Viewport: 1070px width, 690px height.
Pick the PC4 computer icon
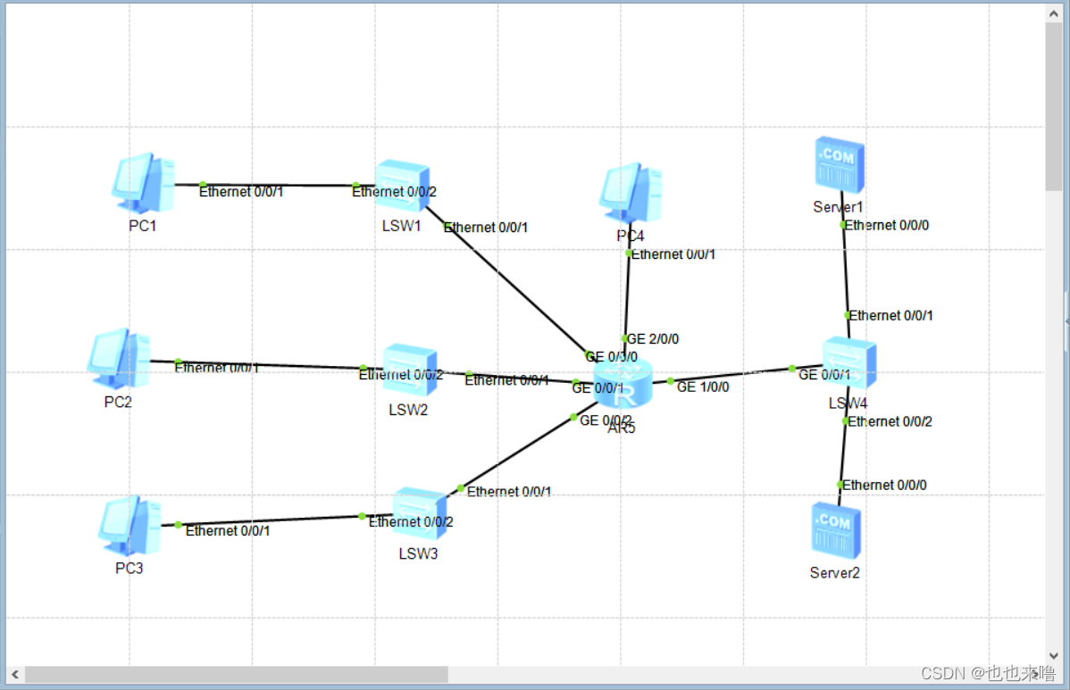click(x=630, y=192)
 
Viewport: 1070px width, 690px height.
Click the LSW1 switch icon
click(x=402, y=185)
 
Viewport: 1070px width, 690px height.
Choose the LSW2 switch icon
click(x=409, y=370)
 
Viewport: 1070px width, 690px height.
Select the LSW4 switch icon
click(x=848, y=363)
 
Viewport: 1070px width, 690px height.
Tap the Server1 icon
click(x=840, y=165)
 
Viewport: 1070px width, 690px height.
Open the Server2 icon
click(x=835, y=528)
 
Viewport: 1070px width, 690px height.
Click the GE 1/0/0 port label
click(x=703, y=387)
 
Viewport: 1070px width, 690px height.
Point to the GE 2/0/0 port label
click(x=653, y=339)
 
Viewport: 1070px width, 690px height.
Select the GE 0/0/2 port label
click(x=606, y=420)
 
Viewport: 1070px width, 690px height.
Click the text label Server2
click(x=834, y=573)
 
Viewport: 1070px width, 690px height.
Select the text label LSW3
click(x=418, y=554)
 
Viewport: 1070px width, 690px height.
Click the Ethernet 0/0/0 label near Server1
click(x=887, y=225)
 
